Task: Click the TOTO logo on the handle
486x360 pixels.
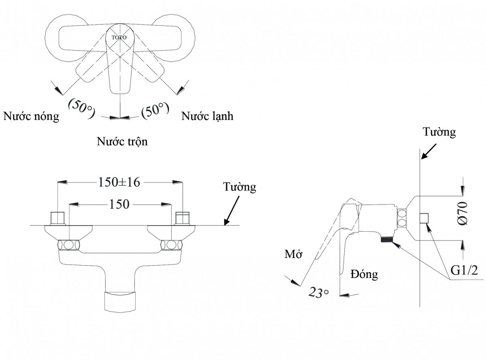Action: click(119, 38)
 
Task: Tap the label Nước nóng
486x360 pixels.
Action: click(31, 116)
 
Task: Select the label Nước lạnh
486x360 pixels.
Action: click(207, 116)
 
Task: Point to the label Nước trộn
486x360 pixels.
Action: click(122, 142)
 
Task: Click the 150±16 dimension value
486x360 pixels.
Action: click(119, 182)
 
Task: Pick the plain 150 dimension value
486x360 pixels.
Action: click(119, 204)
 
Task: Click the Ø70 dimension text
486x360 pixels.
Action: click(463, 213)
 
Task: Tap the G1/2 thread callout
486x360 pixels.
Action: click(464, 270)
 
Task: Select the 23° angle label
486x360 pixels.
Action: click(318, 292)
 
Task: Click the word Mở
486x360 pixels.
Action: click(293, 254)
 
